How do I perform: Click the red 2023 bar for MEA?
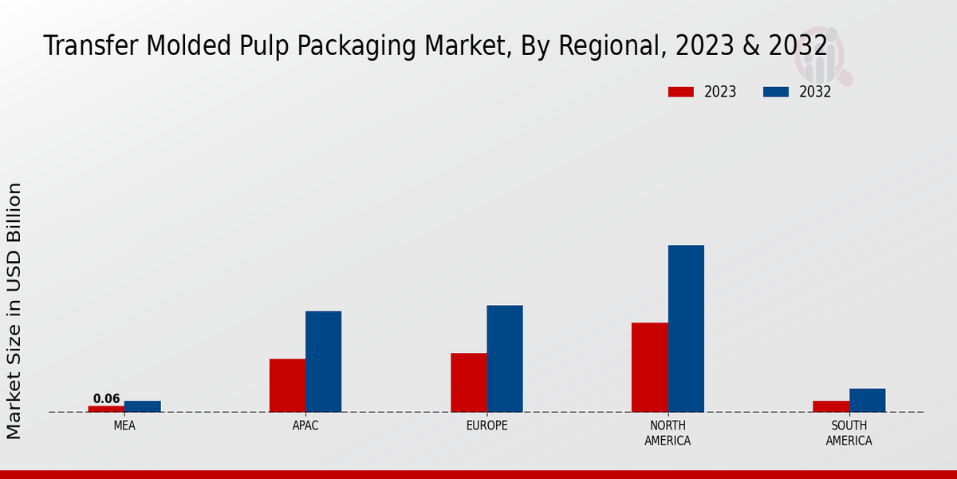106,409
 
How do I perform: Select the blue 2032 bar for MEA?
142,406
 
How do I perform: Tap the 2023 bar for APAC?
287,386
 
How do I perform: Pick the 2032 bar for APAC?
323,362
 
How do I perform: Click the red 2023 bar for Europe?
468,382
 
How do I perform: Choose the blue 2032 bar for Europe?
505,358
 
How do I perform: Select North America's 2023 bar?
649,367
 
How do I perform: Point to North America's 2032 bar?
686,328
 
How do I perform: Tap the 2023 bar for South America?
830,406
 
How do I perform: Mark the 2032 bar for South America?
867,400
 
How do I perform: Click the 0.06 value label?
106,399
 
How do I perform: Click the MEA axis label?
124,426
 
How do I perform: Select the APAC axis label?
305,426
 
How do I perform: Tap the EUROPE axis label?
486,426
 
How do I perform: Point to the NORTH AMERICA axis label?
668,433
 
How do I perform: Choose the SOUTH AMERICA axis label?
849,433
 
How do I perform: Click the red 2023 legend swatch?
680,92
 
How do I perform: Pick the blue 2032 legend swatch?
775,92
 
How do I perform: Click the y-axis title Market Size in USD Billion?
14,311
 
